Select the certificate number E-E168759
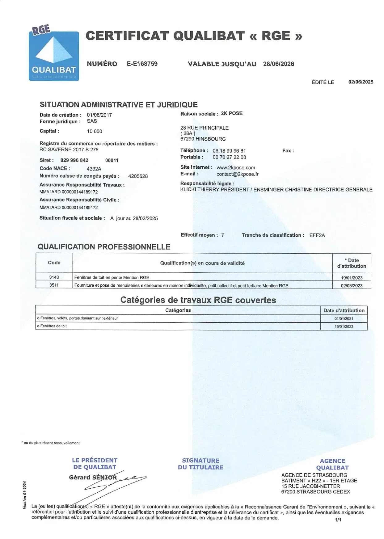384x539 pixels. tap(142, 64)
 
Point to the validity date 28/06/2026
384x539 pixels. tap(278, 64)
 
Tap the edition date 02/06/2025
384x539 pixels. tap(361, 82)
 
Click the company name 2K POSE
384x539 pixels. tap(232, 113)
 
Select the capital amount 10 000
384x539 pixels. tap(95, 131)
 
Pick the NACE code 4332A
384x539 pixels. tap(94, 169)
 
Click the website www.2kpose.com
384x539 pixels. tap(236, 167)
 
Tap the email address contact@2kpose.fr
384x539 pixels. tap(237, 174)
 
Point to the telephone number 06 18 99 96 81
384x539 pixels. tap(229, 151)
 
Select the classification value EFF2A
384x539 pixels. tap(317, 235)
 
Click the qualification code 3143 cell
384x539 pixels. tap(54, 277)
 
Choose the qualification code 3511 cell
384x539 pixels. tap(54, 285)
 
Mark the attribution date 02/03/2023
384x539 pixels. tap(352, 286)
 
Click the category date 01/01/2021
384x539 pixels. tap(344, 318)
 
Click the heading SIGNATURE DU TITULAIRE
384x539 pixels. tap(200, 464)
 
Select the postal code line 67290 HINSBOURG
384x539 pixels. tap(203, 139)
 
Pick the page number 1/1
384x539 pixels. tap(338, 520)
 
